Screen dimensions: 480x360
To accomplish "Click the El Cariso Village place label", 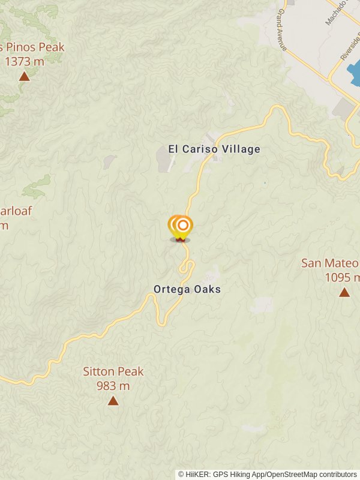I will click(214, 149).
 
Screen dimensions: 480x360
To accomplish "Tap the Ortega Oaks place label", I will click(187, 289).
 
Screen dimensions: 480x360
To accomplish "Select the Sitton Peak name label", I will click(113, 371).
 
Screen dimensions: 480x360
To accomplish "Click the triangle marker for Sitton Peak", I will click(113, 400).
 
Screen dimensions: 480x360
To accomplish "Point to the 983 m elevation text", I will click(113, 385).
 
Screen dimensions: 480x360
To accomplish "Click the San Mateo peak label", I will click(331, 263).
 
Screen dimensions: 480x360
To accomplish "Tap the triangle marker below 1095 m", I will click(344, 292).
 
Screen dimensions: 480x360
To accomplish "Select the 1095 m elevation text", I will click(341, 277).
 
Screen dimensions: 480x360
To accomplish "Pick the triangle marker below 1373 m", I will click(24, 76).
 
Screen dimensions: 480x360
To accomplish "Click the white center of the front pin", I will click(184, 226).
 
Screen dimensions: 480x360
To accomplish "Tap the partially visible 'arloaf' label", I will click(16, 211).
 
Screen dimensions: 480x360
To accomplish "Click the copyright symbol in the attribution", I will click(181, 474).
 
